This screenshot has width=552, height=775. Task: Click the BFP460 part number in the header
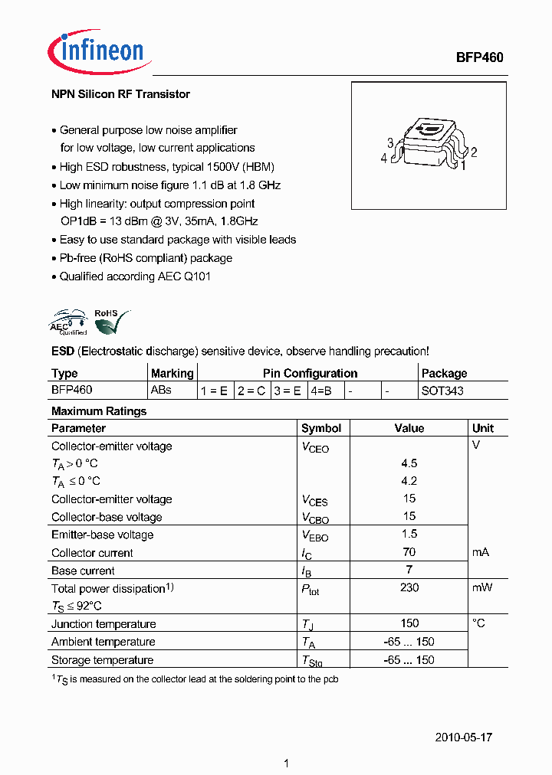tap(479, 57)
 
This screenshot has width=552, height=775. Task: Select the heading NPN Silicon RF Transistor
tap(120, 94)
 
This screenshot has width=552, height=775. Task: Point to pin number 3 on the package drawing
tap(390, 143)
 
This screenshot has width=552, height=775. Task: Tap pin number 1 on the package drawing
tap(463, 165)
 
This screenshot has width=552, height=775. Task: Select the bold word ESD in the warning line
tap(62, 352)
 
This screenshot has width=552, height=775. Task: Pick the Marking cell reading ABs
tap(161, 390)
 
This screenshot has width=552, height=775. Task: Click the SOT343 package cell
tap(442, 391)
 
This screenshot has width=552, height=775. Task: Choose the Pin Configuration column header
tap(309, 374)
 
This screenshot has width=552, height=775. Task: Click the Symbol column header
tap(321, 429)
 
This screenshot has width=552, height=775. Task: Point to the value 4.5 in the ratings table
tap(409, 463)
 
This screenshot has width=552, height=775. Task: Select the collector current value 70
tap(409, 552)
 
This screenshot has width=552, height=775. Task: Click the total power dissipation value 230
tap(409, 587)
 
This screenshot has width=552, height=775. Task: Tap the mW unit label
tap(482, 587)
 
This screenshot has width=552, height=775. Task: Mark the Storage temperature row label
tap(102, 660)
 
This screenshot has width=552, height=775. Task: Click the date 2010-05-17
tap(464, 737)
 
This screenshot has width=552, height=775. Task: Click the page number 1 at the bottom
tap(285, 764)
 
